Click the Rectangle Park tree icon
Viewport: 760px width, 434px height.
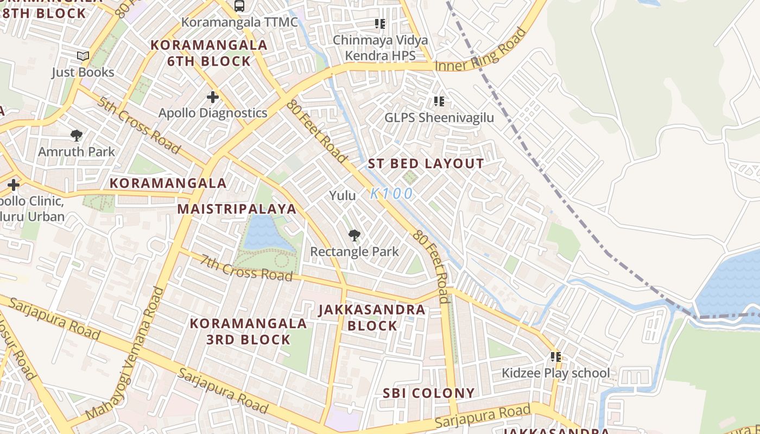[354, 235]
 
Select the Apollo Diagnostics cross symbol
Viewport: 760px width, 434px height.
[213, 98]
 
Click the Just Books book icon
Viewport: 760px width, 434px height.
[83, 56]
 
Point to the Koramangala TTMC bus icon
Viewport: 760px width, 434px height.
[239, 6]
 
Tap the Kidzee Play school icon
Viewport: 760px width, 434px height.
[555, 357]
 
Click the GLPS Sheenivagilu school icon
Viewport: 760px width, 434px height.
[439, 101]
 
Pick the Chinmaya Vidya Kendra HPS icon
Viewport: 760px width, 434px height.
[380, 24]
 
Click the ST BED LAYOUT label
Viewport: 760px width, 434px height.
[426, 164]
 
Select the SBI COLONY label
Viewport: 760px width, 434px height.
[429, 393]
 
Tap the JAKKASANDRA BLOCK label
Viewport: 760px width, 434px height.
[372, 318]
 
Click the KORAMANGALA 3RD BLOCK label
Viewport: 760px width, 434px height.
[248, 331]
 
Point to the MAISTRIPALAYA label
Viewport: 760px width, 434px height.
[237, 209]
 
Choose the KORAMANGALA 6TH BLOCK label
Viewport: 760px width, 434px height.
[209, 53]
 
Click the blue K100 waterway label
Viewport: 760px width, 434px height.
[392, 194]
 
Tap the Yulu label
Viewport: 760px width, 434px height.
[343, 196]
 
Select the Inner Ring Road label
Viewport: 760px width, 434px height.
[482, 50]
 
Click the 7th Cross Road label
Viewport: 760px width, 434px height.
[246, 268]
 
